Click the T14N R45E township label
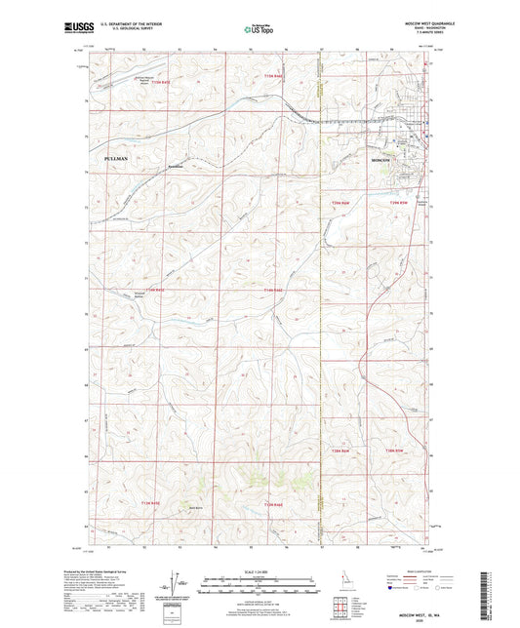(159, 291)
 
